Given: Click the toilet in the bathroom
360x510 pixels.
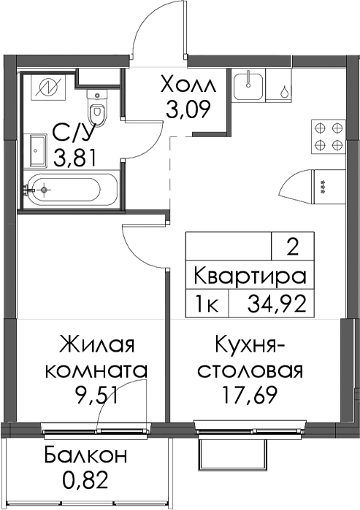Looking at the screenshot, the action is (x=97, y=108).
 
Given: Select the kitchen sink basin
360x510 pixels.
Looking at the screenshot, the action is (x=249, y=86).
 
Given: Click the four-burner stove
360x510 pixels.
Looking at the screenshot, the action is (x=329, y=135).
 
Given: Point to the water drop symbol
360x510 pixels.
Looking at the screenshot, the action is (x=284, y=91).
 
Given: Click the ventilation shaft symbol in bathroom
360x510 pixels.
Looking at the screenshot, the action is (x=48, y=86).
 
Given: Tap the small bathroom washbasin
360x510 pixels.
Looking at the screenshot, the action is (x=39, y=150).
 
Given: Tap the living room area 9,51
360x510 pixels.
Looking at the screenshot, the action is (x=96, y=396).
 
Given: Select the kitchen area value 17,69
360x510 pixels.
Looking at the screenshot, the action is (x=250, y=395).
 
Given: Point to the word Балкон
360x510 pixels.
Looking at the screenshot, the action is (x=85, y=455).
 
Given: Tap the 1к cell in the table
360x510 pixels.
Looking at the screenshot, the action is (x=207, y=304).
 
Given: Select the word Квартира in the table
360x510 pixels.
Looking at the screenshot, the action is (x=250, y=277).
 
